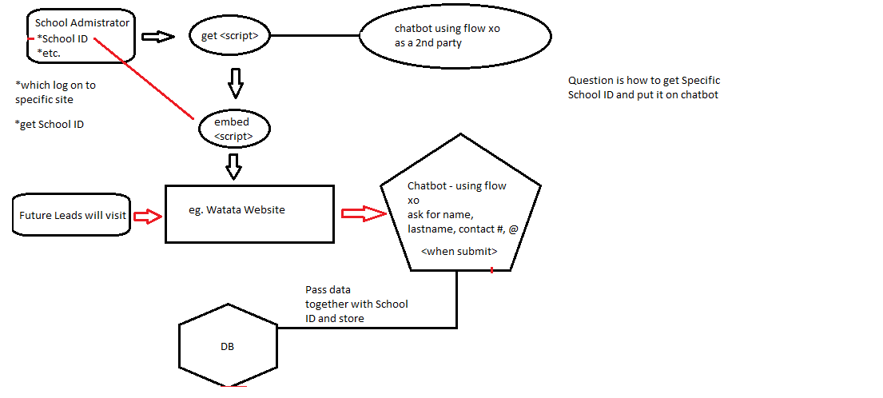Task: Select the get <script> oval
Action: tap(229, 36)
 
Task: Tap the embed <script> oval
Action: tap(233, 129)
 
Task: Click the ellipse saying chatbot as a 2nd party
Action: tap(455, 36)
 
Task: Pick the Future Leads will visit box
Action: tap(72, 215)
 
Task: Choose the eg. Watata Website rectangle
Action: tap(249, 213)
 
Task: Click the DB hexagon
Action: tap(227, 347)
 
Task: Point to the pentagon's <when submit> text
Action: tap(459, 251)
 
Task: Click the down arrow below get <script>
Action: tap(234, 81)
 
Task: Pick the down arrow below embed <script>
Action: tap(233, 167)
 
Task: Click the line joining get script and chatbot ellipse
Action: tap(316, 36)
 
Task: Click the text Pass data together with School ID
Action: tap(356, 304)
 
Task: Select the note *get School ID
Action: tap(50, 124)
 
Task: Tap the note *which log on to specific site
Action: tap(55, 92)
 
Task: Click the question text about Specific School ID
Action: tap(644, 88)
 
